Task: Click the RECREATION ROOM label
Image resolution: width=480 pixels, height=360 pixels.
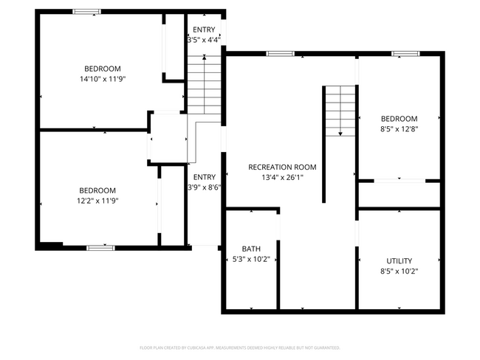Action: [282, 167]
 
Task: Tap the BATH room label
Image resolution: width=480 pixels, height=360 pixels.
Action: [251, 249]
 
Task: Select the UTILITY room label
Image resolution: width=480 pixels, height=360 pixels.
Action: [400, 260]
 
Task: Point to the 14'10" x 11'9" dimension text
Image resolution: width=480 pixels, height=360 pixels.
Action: [103, 78]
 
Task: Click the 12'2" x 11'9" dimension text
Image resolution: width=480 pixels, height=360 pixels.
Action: [98, 200]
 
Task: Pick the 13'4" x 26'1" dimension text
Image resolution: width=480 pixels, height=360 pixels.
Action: [282, 177]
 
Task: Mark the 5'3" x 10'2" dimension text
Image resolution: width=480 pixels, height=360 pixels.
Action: [251, 259]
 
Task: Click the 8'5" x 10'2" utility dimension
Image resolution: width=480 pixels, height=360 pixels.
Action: [400, 271]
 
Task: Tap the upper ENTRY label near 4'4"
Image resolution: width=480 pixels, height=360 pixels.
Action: [204, 30]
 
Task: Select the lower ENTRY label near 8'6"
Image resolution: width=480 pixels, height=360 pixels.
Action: [205, 177]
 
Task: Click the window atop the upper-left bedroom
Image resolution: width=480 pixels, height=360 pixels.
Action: [87, 11]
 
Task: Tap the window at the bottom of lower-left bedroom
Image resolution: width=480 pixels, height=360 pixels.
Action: [100, 248]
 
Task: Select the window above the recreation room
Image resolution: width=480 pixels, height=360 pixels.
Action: [280, 53]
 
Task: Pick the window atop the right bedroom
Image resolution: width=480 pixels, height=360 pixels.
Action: [405, 53]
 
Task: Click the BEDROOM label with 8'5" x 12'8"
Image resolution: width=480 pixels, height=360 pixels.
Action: [400, 119]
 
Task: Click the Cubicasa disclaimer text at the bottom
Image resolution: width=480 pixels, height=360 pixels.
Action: [240, 347]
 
